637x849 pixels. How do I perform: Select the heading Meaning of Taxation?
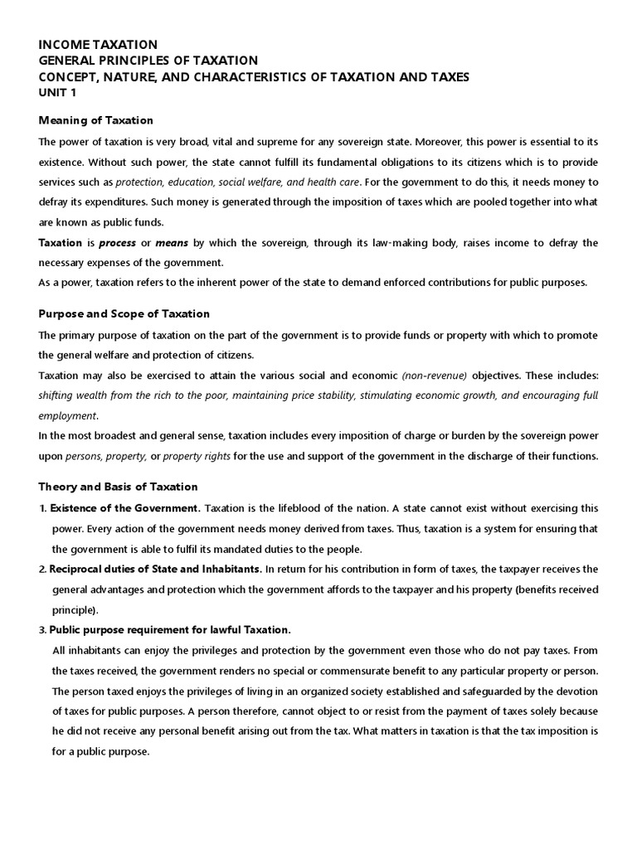[96, 120]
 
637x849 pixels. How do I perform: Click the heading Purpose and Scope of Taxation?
[124, 313]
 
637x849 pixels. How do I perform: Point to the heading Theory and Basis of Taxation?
[119, 486]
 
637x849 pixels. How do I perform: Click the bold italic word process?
[117, 243]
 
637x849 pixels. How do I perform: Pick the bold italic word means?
[173, 243]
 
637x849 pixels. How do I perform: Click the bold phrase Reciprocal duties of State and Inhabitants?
[156, 569]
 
